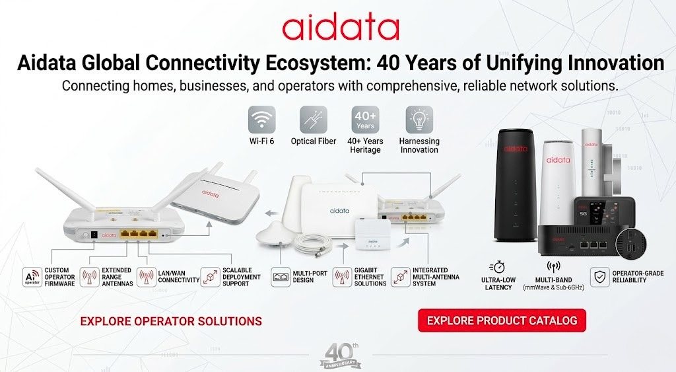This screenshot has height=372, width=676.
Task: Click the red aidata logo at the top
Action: point(340,28)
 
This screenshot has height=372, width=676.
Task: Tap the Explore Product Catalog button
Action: point(502,320)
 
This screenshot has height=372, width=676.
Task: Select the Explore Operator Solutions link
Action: point(171,321)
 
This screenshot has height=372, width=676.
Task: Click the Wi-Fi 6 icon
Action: point(261,120)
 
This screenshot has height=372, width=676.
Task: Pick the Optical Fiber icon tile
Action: point(314,120)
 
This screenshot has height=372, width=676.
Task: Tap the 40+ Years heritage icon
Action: point(365,120)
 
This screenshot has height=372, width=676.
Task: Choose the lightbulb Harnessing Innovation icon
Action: point(419,120)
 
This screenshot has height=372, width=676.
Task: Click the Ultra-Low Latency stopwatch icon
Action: point(497,268)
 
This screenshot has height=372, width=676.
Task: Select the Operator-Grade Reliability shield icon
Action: point(599,277)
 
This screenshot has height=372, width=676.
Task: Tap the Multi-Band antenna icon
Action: point(553,267)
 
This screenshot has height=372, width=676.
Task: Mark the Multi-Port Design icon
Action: point(281,277)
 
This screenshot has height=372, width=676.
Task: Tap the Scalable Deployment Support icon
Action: point(211,277)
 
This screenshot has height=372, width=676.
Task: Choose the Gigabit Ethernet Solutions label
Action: point(370,277)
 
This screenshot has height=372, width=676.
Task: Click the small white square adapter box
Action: point(373,234)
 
